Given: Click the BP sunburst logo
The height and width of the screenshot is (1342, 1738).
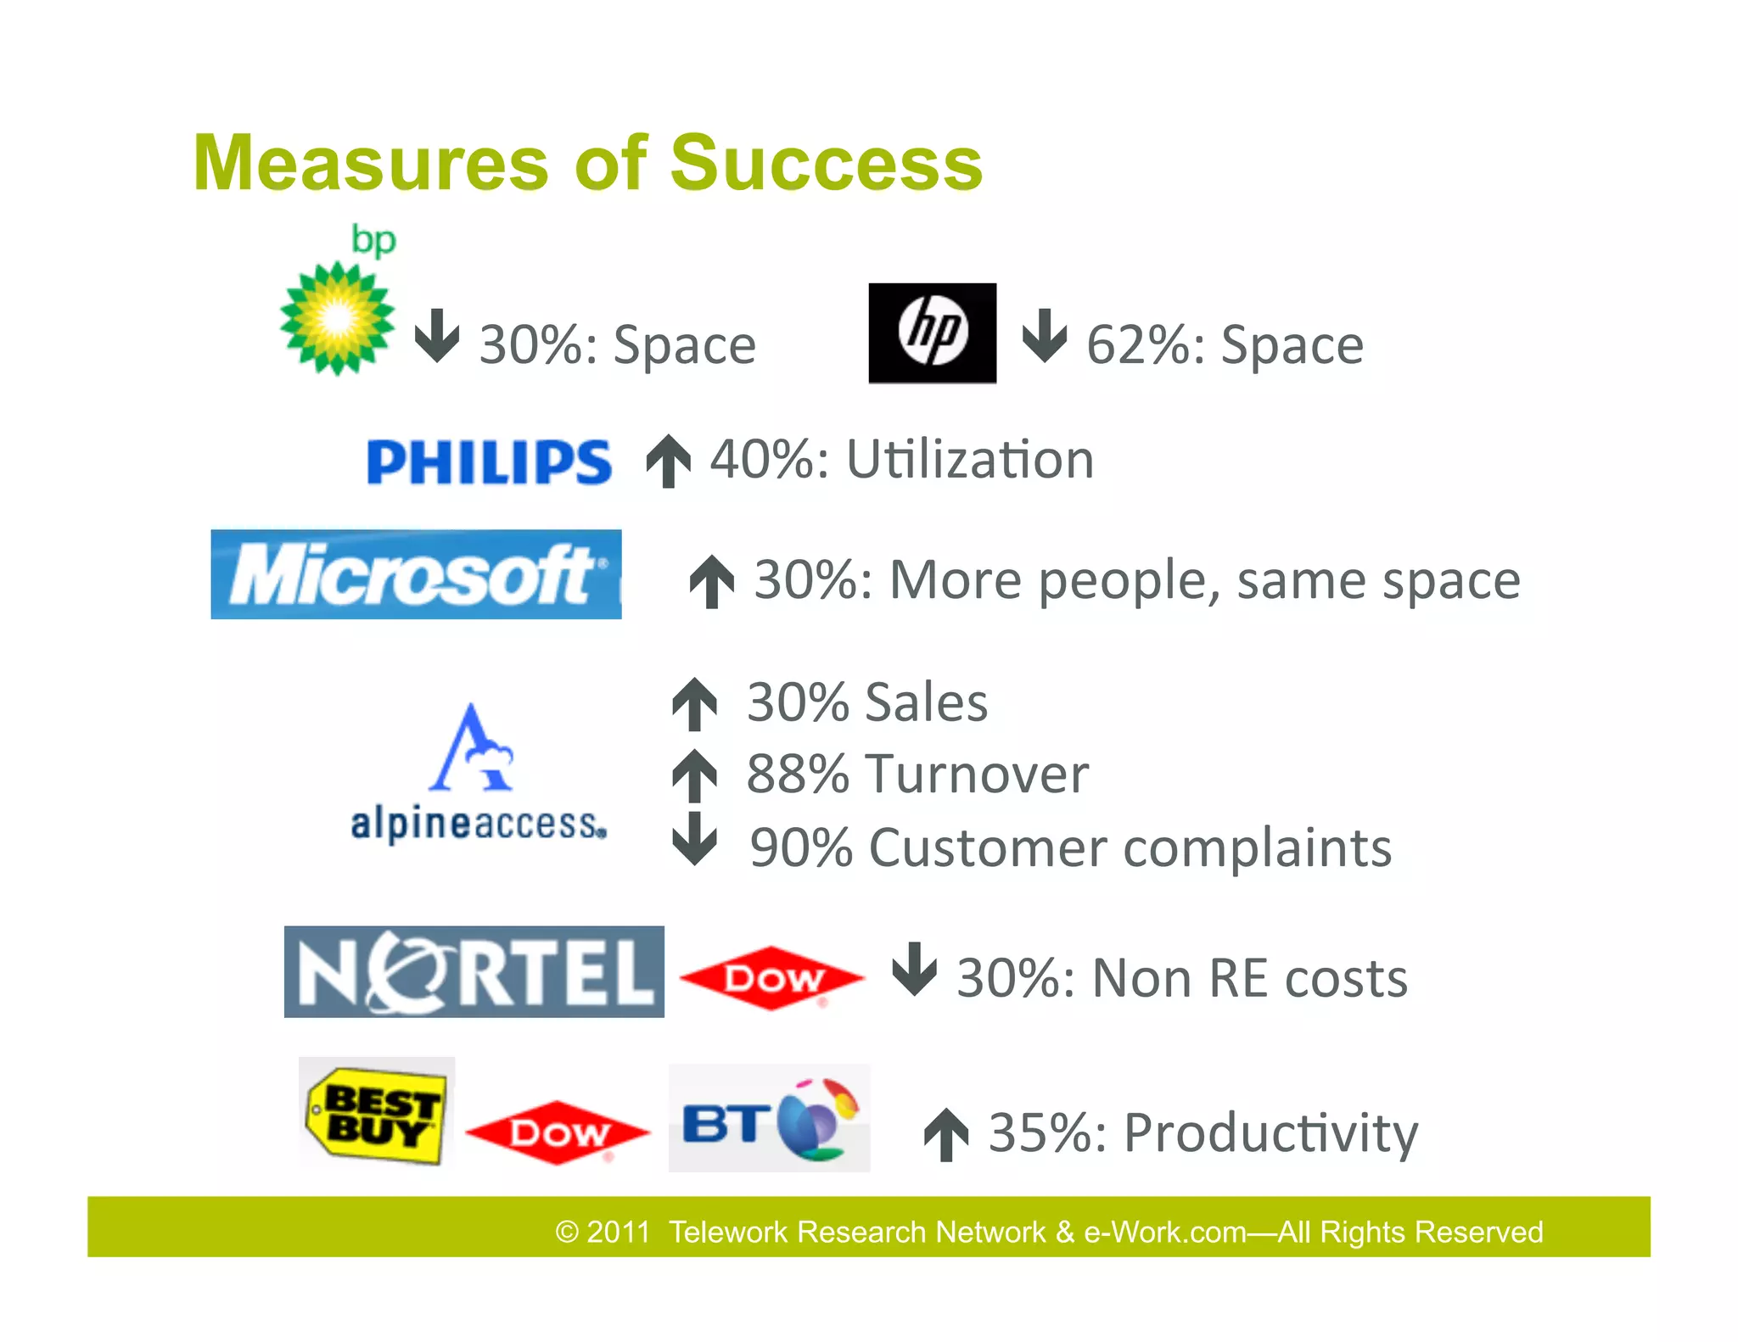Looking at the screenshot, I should coord(338,317).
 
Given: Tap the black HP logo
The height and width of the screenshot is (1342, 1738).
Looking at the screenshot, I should coord(932,333).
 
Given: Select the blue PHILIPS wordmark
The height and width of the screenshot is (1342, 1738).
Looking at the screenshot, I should coord(489,462).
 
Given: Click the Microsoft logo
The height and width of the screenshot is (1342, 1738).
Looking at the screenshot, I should coord(416,574).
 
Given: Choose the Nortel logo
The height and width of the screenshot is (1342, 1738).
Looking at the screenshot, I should coord(474,972).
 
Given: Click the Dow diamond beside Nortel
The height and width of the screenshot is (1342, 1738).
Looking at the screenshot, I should coord(772,978).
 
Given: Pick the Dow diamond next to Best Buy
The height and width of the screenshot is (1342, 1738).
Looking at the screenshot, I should coord(558,1132).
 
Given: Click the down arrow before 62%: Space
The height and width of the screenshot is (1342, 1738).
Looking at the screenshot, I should coord(1044,336).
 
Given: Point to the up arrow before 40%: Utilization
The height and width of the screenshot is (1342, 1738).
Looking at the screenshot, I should coord(669,461).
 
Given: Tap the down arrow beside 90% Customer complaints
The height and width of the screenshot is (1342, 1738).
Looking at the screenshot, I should coord(695,839).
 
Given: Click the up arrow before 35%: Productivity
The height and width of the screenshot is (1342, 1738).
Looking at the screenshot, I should coord(946,1134).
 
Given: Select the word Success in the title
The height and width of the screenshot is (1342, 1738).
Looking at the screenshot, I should coord(827,163).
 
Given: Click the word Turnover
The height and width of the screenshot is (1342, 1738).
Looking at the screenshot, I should coord(977,774).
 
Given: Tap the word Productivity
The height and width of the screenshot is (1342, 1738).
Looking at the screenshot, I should coord(1270,1134).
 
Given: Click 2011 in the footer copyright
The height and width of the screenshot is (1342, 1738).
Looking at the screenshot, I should coord(618,1232).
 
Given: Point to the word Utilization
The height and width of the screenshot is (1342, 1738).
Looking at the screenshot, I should coord(970,461).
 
